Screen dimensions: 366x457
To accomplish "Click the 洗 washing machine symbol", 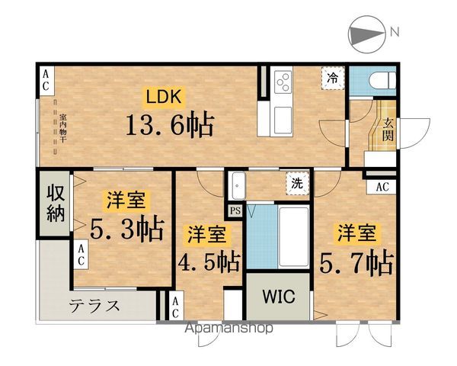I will [x=296, y=183].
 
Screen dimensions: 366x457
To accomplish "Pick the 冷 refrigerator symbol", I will [x=333, y=78].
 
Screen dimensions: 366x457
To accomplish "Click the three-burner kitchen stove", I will [x=283, y=80].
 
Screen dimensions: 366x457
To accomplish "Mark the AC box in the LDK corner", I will [x=46, y=80].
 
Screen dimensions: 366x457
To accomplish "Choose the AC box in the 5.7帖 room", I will [x=383, y=185].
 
